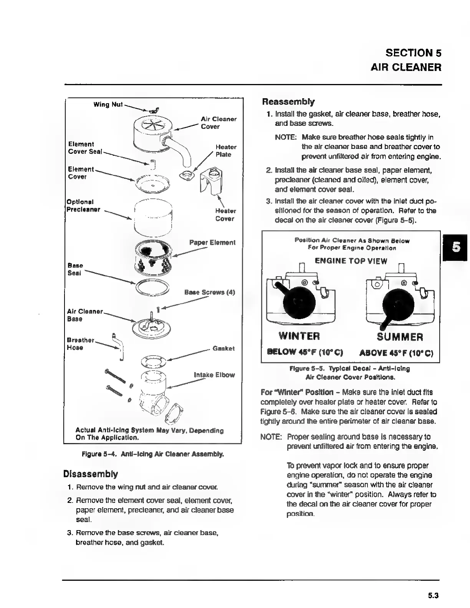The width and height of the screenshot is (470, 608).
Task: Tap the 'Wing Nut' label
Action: click(x=108, y=104)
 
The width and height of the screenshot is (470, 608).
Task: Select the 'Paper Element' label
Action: click(x=212, y=242)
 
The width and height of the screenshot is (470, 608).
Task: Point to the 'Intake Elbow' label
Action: click(x=214, y=375)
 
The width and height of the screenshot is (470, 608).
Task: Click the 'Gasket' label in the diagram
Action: click(x=223, y=348)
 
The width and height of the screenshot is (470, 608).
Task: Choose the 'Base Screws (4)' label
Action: click(x=209, y=292)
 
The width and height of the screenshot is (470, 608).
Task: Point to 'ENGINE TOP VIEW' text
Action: click(x=351, y=261)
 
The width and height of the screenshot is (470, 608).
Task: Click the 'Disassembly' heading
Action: click(x=91, y=474)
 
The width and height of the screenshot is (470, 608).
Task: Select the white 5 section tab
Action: click(x=456, y=247)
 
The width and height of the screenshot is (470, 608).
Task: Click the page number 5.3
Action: click(x=433, y=596)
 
